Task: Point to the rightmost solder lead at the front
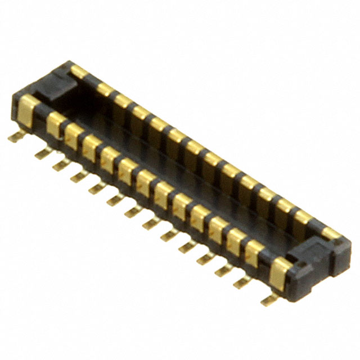pyautogui.click(x=269, y=299)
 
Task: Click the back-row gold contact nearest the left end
pyautogui.click(x=79, y=72)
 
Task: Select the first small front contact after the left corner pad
pyautogui.click(x=55, y=124)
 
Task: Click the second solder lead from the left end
pyautogui.click(x=42, y=153)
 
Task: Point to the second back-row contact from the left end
pyautogui.click(x=105, y=89)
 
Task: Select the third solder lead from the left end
pyautogui.click(x=61, y=164)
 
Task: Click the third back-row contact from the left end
pyautogui.click(x=122, y=100)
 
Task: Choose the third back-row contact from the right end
pyautogui.click(x=284, y=206)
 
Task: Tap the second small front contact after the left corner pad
pyautogui.click(x=72, y=136)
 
